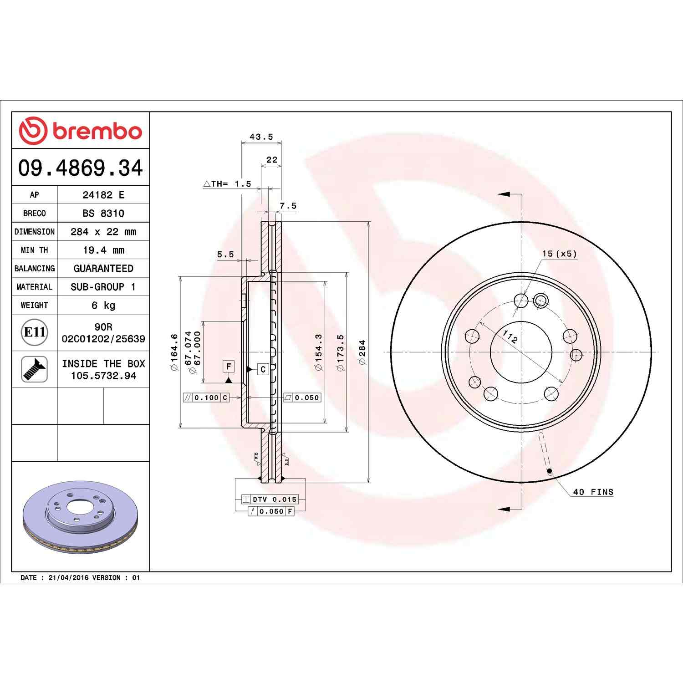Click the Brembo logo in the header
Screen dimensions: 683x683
pyautogui.click(x=81, y=131)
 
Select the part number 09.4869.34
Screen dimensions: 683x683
pyautogui.click(x=81, y=168)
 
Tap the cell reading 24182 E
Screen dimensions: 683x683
pyautogui.click(x=103, y=195)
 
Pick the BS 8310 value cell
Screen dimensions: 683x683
pyautogui.click(x=103, y=213)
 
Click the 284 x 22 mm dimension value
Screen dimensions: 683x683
pyautogui.click(x=103, y=232)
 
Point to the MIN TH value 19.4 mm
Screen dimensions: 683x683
pyautogui.click(x=103, y=250)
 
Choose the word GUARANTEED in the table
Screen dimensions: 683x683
pyautogui.click(x=103, y=269)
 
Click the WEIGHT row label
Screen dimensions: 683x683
pyautogui.click(x=35, y=305)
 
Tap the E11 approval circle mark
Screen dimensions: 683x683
pyautogui.click(x=35, y=332)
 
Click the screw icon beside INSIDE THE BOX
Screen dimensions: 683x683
pyautogui.click(x=35, y=369)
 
